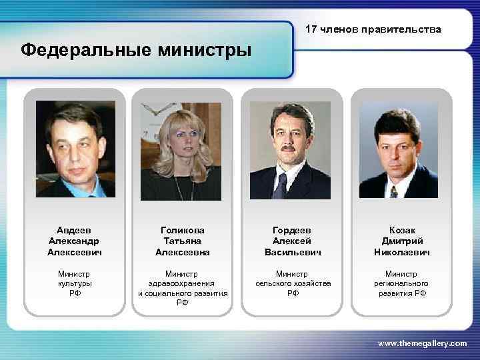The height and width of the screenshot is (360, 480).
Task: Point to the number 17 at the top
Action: pos(311,29)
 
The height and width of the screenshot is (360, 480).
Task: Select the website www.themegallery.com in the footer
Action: pos(423,343)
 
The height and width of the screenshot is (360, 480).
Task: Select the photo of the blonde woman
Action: pos(181,151)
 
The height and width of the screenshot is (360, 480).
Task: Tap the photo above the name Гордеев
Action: pos(290,151)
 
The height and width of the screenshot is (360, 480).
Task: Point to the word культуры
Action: pos(75,283)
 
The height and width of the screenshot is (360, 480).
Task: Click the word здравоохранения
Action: pos(183,283)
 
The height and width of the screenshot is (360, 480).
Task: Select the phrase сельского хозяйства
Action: pos(293,283)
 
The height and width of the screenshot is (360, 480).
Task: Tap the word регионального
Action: pos(402,283)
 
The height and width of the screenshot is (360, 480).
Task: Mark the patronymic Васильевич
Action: pos(293,253)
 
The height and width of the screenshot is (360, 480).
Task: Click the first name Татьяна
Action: pos(183,241)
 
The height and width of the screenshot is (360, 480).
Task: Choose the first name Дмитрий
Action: pos(402,241)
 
